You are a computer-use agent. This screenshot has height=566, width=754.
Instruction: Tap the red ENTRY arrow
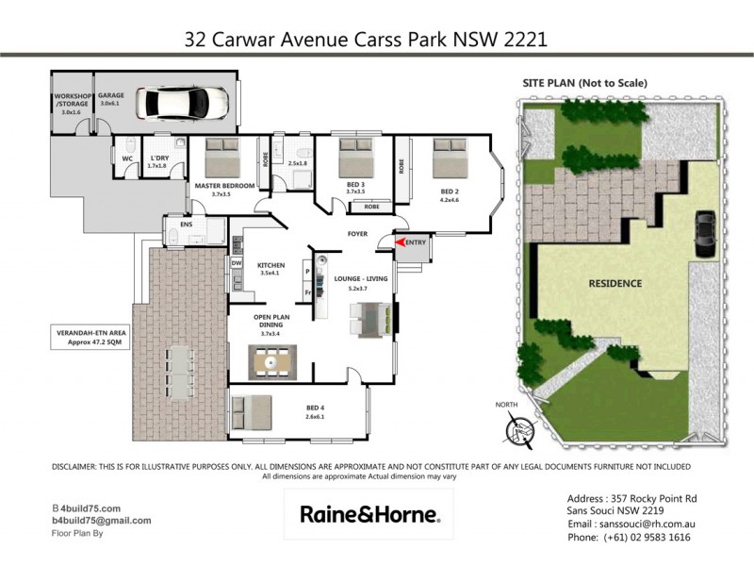[402, 243]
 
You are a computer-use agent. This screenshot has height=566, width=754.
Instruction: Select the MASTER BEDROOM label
[224, 186]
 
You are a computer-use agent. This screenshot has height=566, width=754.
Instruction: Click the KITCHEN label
[270, 265]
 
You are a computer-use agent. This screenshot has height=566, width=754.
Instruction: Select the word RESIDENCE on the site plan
[615, 283]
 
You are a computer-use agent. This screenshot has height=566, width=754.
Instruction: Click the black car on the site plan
[703, 233]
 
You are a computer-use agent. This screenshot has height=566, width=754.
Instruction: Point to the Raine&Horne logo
[369, 514]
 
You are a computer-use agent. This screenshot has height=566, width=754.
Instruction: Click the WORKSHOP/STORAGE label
[73, 102]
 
